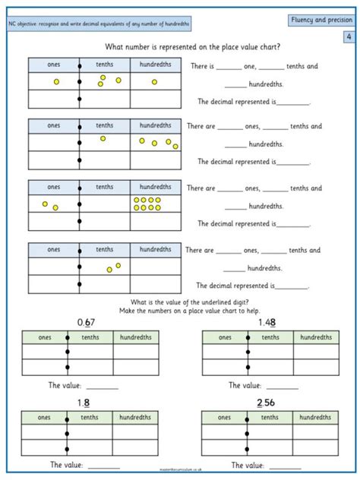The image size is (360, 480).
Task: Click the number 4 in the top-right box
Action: coord(348,36)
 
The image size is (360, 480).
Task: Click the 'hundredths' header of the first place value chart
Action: coord(156,63)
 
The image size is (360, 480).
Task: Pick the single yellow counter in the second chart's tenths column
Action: coord(103,138)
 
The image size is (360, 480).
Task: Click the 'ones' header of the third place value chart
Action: coord(53,187)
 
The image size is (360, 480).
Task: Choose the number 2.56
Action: coord(267,403)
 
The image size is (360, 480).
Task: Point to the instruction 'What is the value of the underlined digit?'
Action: coord(180,303)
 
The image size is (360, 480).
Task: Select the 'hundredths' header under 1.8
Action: coord(135,417)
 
